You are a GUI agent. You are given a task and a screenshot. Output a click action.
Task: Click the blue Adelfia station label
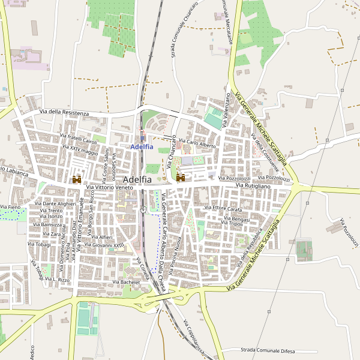tap(142, 146)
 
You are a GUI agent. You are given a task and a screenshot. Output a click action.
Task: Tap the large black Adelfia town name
tap(137, 179)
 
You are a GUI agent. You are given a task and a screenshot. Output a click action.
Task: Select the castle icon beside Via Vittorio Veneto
tap(77, 179)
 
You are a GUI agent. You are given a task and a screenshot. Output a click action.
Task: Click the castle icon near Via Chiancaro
tap(180, 178)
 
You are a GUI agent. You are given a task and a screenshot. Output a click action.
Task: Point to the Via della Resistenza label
tap(64, 113)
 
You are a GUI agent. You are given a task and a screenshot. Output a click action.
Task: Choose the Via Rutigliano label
tap(253, 187)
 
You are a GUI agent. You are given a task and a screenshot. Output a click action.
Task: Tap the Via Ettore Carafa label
tap(223, 208)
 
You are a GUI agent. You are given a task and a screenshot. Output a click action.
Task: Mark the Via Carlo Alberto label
tap(196, 145)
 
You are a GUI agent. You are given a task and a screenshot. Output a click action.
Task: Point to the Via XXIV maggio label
tap(79, 149)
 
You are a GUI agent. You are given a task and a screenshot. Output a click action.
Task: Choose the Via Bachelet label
tap(126, 281)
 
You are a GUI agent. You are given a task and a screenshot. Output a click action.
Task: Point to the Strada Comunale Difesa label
tap(268, 350)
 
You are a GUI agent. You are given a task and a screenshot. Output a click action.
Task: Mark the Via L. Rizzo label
tap(57, 280)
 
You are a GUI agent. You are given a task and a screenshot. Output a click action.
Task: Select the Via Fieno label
tap(10, 207)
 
